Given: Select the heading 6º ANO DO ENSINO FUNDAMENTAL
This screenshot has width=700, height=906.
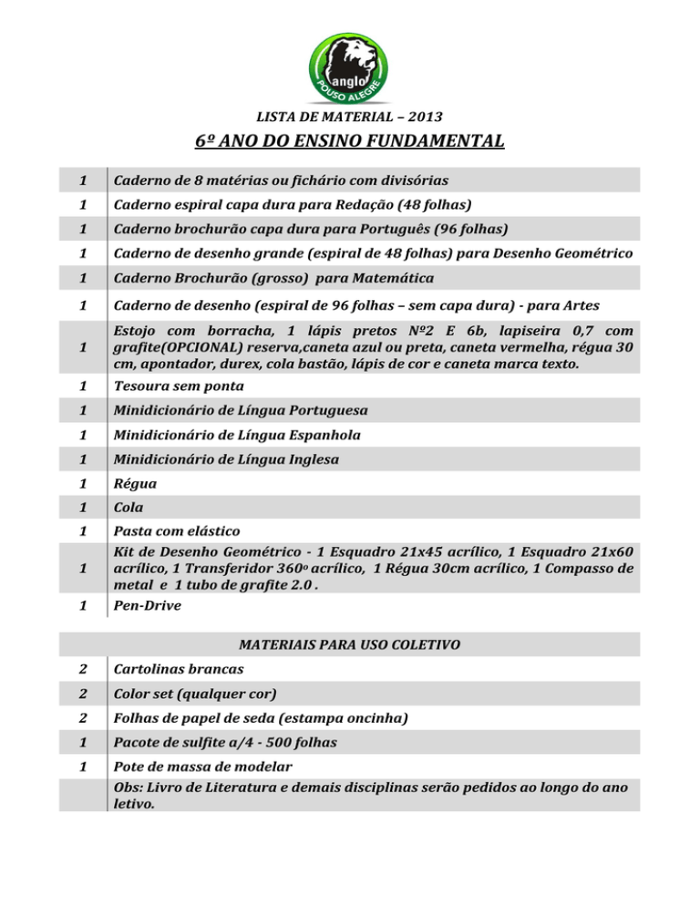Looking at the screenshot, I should (349, 142).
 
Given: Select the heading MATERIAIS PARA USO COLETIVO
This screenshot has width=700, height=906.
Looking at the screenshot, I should (349, 644).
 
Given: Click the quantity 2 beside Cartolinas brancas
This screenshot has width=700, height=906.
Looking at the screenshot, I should (83, 669).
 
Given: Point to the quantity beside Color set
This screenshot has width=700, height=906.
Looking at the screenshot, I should (83, 694).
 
